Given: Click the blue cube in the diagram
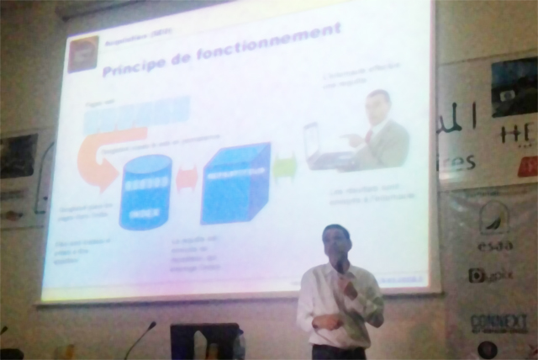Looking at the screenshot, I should tap(235, 183).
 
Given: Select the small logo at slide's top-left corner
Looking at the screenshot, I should tap(82, 53).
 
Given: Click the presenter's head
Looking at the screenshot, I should tap(336, 244).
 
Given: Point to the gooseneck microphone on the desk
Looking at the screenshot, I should tap(139, 336).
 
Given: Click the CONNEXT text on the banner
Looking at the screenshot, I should tap(498, 322).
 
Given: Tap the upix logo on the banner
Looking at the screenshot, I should tap(491, 275).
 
